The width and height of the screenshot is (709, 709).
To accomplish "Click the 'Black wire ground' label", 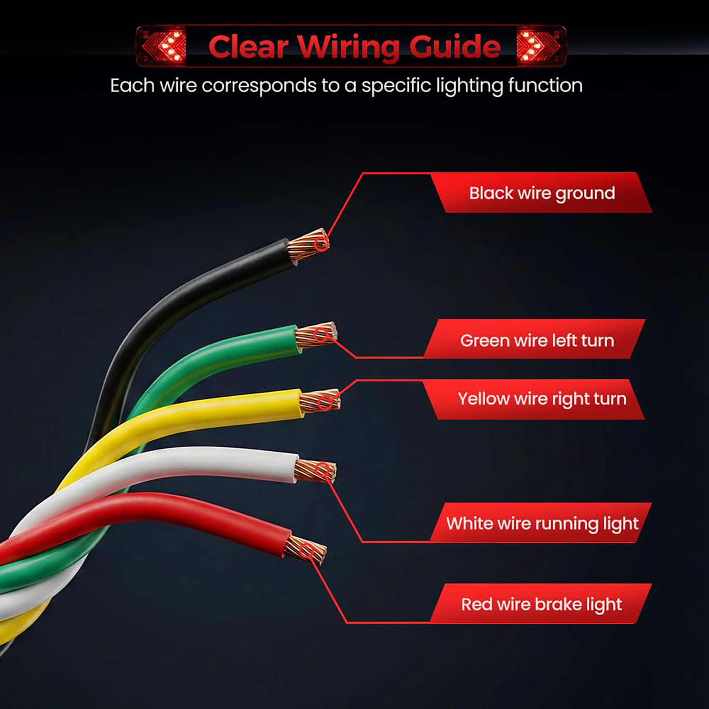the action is click(x=541, y=193).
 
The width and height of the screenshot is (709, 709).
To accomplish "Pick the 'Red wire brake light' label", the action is click(x=541, y=604).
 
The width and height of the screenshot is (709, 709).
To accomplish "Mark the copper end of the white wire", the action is click(x=316, y=471).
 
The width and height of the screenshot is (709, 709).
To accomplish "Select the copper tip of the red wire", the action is click(x=305, y=550).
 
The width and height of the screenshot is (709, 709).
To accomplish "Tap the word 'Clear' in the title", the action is click(x=249, y=47).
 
